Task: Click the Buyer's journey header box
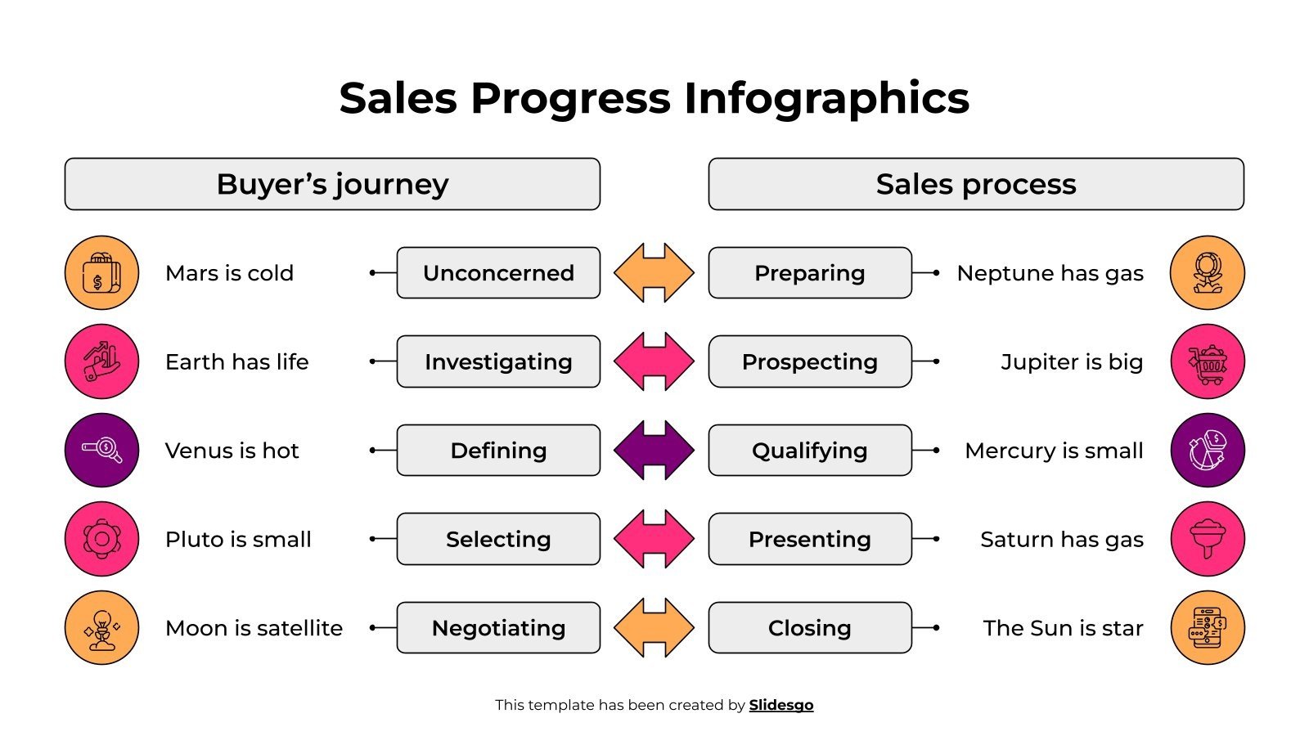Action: [x=332, y=184]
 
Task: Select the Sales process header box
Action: [x=976, y=184]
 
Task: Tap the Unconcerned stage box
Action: [x=498, y=273]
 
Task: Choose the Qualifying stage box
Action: [x=809, y=451]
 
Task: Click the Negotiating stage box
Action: [x=498, y=628]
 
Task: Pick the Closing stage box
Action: [x=809, y=628]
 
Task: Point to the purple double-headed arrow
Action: [x=654, y=451]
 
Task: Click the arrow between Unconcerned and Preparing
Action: [x=654, y=273]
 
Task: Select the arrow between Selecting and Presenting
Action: [x=654, y=539]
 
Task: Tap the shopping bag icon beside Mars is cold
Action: [x=101, y=273]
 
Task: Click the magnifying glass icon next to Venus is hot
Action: [x=101, y=451]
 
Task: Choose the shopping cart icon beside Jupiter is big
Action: [x=1208, y=361]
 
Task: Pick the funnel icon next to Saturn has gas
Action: [x=1208, y=539]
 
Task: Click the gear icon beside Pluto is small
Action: [x=101, y=539]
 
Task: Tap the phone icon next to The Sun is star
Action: [x=1208, y=628]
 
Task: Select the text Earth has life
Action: [x=236, y=361]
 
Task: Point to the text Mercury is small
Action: [x=1054, y=451]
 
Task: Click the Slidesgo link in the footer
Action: [x=781, y=705]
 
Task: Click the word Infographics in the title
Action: [x=826, y=98]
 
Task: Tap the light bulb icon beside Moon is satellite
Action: [x=101, y=628]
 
